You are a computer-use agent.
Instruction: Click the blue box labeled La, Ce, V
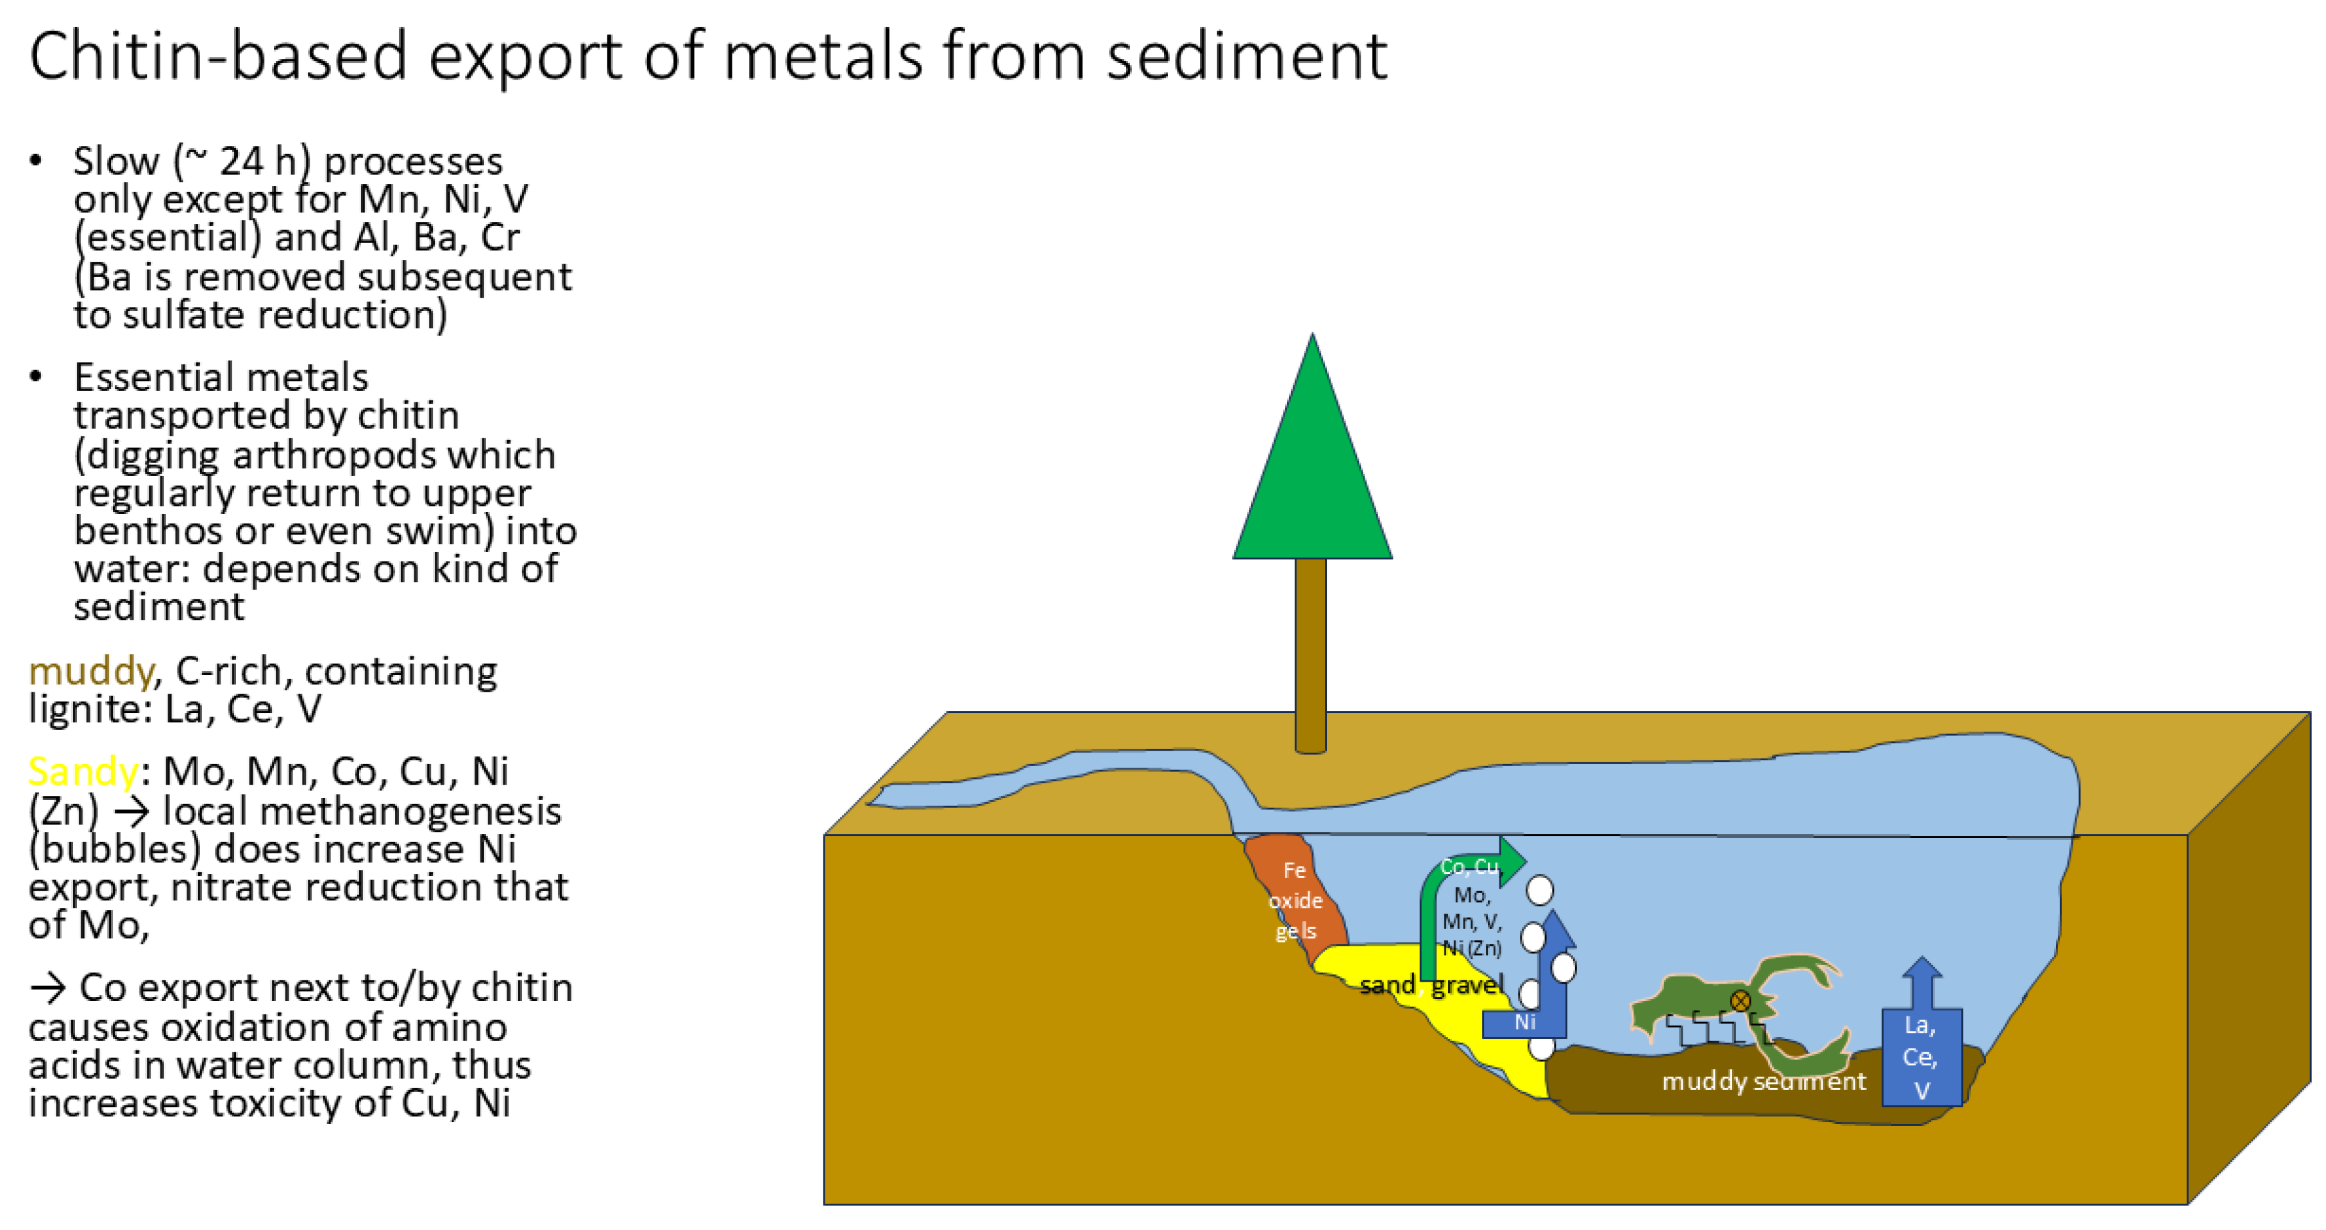coord(1921,1057)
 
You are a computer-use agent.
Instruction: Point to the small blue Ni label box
coord(1524,1022)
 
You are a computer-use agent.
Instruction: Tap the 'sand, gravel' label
coord(1431,984)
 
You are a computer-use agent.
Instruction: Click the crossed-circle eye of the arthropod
coord(1740,1000)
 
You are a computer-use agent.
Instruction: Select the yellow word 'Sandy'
coord(83,772)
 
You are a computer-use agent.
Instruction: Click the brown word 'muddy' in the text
coord(91,672)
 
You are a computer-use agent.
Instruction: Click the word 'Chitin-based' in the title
coord(217,56)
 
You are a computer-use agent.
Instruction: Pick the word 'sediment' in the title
coord(1246,56)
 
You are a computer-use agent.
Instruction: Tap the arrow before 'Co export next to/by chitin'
coord(47,989)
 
